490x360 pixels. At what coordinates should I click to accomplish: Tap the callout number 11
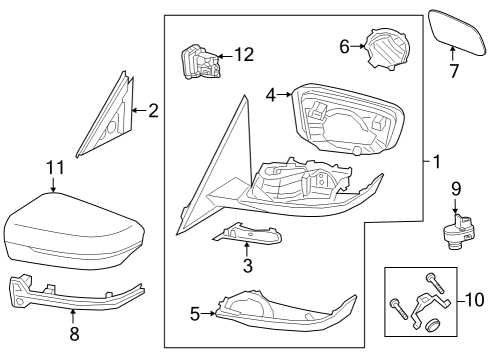click(54, 169)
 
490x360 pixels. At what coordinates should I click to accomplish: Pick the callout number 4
click(270, 94)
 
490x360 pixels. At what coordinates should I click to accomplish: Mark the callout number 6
click(345, 46)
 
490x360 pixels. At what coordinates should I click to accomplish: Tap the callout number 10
click(474, 299)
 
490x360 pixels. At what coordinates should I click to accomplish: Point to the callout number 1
click(432, 160)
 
